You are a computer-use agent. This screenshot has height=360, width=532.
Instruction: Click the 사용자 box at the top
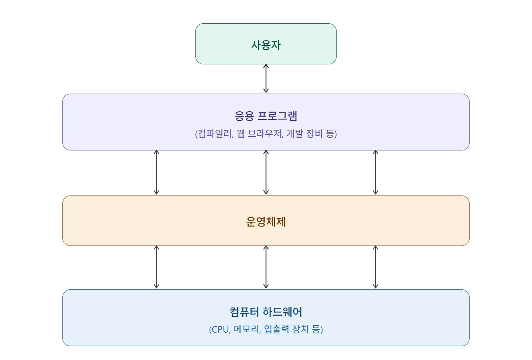(266, 44)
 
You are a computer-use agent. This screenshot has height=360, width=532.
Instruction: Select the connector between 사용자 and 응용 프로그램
(266, 79)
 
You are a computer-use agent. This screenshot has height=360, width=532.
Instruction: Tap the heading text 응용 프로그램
(266, 116)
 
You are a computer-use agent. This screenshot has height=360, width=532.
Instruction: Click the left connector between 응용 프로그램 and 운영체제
(157, 173)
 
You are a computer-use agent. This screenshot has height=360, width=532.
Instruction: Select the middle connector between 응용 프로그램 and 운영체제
(266, 173)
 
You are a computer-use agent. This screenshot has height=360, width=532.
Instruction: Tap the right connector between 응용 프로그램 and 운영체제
(375, 173)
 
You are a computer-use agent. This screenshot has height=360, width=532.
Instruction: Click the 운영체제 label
(266, 222)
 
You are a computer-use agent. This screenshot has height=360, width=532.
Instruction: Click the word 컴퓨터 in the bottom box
(244, 312)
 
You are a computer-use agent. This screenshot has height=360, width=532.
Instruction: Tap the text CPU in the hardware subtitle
(221, 329)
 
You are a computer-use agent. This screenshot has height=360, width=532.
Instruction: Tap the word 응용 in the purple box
(244, 116)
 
